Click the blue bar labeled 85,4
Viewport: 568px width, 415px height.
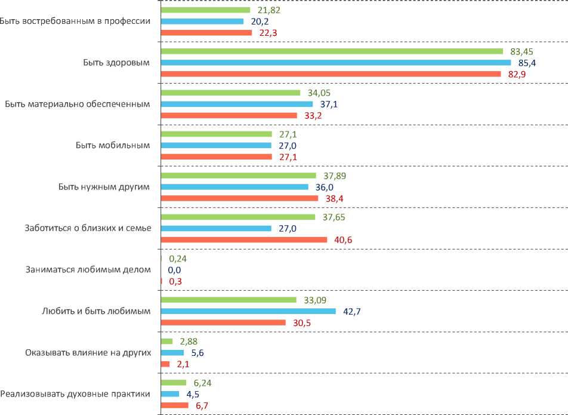point(336,63)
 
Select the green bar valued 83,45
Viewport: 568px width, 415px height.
point(332,51)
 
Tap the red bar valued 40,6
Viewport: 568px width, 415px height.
point(244,239)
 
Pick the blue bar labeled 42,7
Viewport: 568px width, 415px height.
point(249,311)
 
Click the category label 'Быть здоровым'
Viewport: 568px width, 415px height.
point(116,62)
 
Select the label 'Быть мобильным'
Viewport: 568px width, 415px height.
point(113,145)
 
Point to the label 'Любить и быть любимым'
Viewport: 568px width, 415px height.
point(95,311)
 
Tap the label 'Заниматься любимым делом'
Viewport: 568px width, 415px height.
point(88,269)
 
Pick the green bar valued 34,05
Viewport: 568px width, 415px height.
point(230,93)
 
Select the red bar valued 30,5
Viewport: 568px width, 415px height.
point(224,322)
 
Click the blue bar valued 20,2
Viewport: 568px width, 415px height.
point(202,21)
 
